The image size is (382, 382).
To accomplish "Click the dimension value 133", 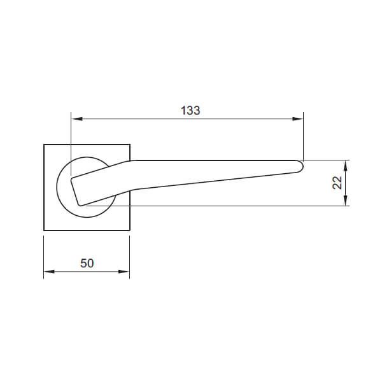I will (190, 110).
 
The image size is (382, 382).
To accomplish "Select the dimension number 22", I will (337, 183).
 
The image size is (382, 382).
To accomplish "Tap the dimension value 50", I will (87, 262).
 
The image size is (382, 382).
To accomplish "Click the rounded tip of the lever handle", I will (301, 166).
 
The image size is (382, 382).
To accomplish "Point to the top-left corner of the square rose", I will (44, 145).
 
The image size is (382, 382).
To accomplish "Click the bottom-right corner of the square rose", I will (130, 230).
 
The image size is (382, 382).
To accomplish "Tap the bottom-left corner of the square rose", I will (44, 230).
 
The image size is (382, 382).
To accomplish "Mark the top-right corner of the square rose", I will (130, 145).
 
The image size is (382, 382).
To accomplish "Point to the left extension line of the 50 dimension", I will (43, 255).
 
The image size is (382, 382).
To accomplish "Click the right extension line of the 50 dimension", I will (129, 255).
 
